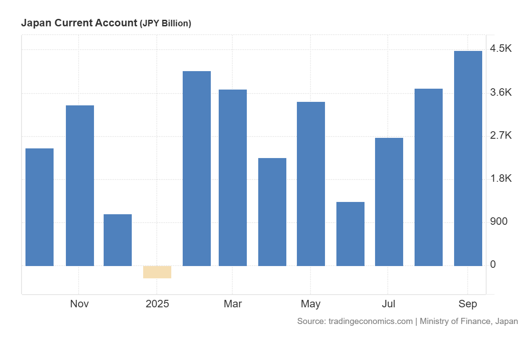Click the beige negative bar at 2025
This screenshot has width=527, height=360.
[x=157, y=272]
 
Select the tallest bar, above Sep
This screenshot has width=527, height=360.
[x=468, y=158]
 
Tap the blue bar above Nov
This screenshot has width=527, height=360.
[x=80, y=186]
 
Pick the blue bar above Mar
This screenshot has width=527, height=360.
[x=233, y=178]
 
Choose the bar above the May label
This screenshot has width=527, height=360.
[x=311, y=184]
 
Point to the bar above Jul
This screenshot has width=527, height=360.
[x=389, y=202]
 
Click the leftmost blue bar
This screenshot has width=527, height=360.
[x=40, y=207]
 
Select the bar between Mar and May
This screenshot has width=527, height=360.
[x=272, y=212]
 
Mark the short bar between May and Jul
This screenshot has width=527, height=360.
[x=350, y=234]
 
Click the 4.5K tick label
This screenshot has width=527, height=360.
[x=501, y=49]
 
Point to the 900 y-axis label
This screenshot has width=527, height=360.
[x=498, y=221]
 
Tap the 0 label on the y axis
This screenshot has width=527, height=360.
[x=493, y=264]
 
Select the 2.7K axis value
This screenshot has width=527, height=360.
[x=501, y=135]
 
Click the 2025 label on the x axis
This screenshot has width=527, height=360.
[x=157, y=304]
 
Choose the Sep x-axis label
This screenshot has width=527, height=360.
[x=468, y=304]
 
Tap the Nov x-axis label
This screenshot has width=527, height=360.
[x=79, y=304]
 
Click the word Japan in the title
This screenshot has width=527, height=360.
[x=35, y=23]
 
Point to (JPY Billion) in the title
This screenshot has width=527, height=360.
[x=165, y=24]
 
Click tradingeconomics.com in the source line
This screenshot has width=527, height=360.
[x=370, y=321]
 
